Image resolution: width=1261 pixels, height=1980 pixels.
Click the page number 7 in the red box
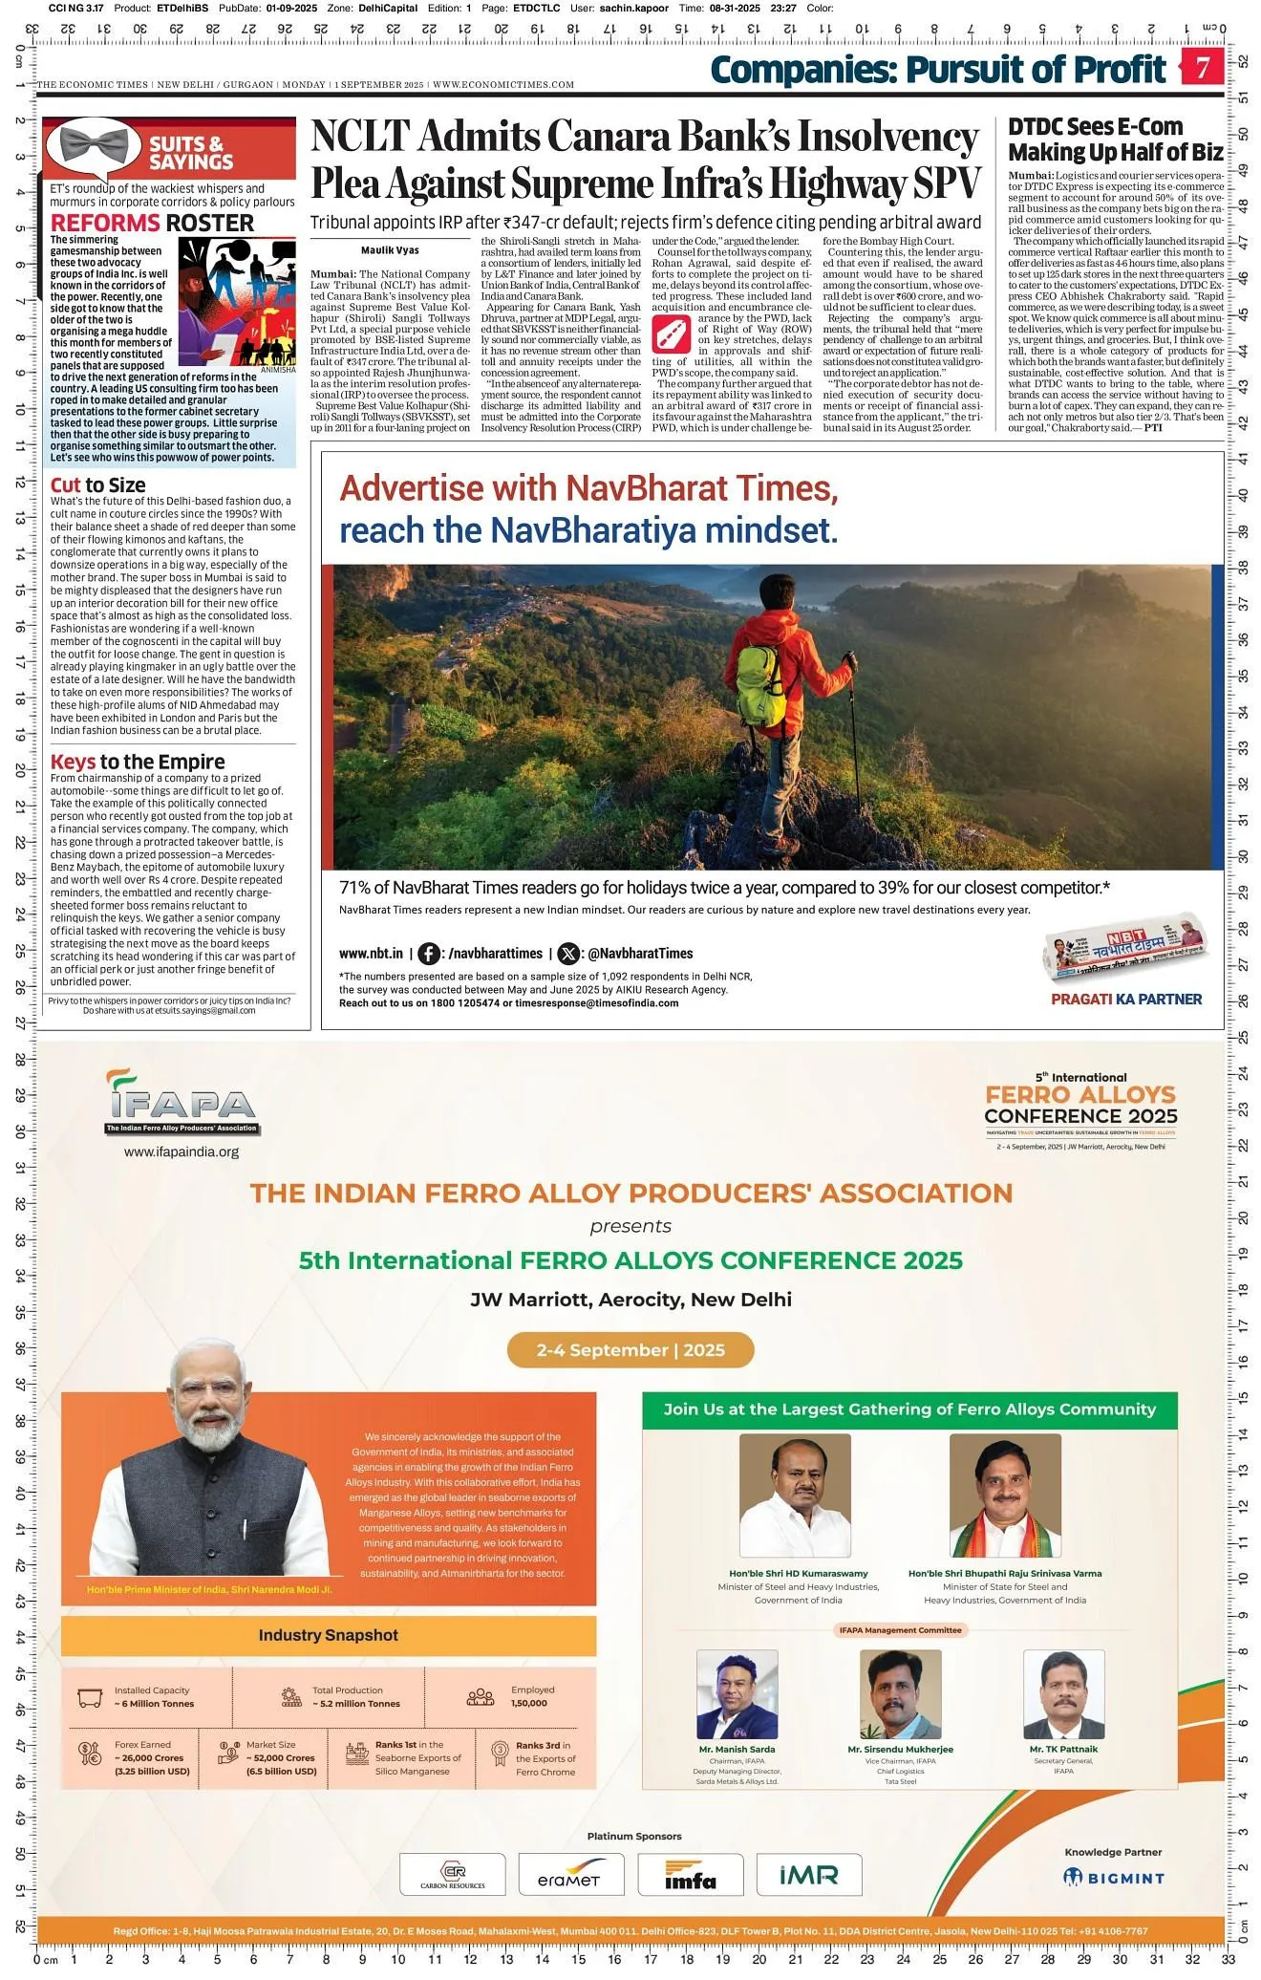click(x=1203, y=68)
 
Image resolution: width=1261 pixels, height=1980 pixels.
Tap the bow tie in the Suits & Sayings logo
click(x=94, y=146)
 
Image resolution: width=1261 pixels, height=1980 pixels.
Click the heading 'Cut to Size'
click(x=97, y=485)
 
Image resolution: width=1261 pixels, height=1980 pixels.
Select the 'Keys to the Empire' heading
click(x=138, y=762)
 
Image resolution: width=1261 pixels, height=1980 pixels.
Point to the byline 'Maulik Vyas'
click(x=390, y=250)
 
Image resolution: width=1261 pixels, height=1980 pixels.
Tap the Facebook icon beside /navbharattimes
click(x=430, y=954)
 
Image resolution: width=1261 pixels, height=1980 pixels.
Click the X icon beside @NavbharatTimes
click(x=568, y=954)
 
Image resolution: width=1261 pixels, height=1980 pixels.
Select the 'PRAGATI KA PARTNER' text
click(x=1125, y=1000)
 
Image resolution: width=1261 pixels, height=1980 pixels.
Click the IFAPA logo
click(x=182, y=1104)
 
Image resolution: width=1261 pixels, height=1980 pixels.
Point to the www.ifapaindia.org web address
click(x=182, y=1152)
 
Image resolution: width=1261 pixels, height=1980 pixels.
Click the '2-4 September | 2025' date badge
click(x=630, y=1350)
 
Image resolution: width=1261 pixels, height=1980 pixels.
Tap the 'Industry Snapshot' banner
click(x=328, y=1635)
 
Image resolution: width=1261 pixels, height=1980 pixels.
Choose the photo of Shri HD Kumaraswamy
click(x=795, y=1496)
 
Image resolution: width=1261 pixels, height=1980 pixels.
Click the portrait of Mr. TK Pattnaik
click(x=1063, y=1694)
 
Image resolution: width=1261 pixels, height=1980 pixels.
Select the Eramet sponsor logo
click(x=570, y=1875)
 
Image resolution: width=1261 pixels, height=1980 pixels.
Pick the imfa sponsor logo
click(x=690, y=1875)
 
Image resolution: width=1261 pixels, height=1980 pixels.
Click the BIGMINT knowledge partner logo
click(x=1114, y=1878)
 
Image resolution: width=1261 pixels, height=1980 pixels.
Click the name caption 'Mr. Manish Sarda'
click(x=737, y=1750)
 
